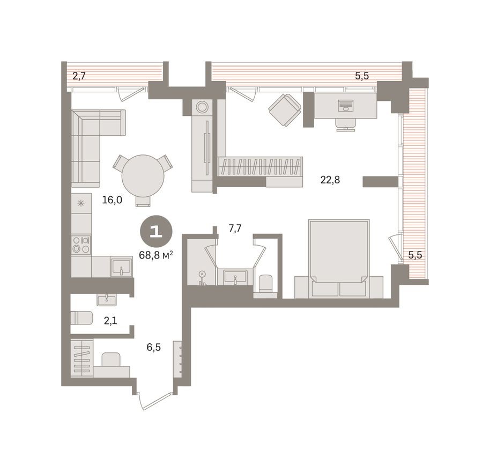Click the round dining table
pyautogui.click(x=142, y=175)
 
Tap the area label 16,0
pyautogui.click(x=112, y=200)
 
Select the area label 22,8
pyautogui.click(x=330, y=180)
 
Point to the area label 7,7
pyautogui.click(x=235, y=228)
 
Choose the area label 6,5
pyautogui.click(x=154, y=348)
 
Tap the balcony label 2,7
pyautogui.click(x=79, y=76)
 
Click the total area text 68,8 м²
pyautogui.click(x=155, y=255)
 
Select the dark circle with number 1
pyautogui.click(x=156, y=232)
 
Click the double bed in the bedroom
pyautogui.click(x=338, y=252)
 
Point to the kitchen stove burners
pyautogui.click(x=81, y=245)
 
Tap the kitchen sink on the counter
pyautogui.click(x=121, y=267)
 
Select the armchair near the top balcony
pyautogui.click(x=285, y=109)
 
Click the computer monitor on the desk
pyautogui.click(x=346, y=106)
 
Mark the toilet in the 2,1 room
pyautogui.click(x=81, y=318)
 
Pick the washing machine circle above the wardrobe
pyautogui.click(x=202, y=107)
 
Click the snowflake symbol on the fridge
pyautogui.click(x=80, y=203)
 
